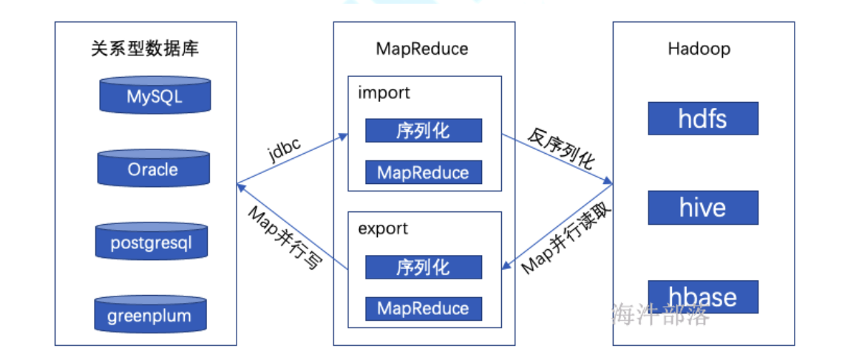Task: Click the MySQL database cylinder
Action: tap(154, 96)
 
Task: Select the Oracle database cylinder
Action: tap(153, 169)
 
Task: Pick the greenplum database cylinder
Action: tap(149, 316)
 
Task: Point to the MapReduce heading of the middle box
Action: tap(422, 50)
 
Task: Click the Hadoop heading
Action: tap(699, 50)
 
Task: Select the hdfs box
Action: tap(703, 118)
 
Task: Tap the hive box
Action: tap(703, 208)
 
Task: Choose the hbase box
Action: tap(703, 296)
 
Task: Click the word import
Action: tap(384, 93)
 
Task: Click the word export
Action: tap(384, 228)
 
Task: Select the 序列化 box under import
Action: tap(424, 131)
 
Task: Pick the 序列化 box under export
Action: tap(424, 267)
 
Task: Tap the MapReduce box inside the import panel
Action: tap(424, 173)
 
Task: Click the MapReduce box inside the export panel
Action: tap(424, 308)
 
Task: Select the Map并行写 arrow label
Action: tap(285, 237)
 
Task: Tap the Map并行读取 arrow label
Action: tap(567, 237)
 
